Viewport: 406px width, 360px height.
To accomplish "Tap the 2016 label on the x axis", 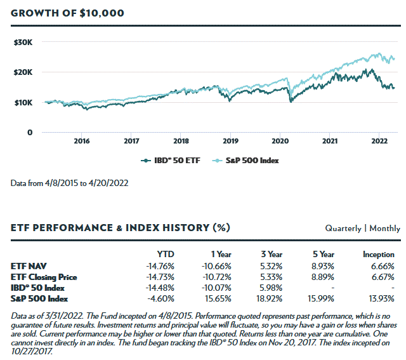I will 81,141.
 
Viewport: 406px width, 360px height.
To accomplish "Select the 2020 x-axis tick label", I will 280,141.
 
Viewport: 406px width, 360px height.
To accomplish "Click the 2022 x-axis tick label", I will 379,141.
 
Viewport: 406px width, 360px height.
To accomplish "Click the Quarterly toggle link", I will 343,228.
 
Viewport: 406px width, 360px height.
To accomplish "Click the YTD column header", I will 166,255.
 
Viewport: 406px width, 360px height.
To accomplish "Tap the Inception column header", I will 378,255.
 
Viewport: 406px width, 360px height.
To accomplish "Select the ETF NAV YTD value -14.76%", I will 160,265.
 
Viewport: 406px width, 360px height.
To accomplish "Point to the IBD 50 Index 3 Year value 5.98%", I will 271,288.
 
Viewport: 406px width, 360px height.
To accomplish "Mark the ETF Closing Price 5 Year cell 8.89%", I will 322,276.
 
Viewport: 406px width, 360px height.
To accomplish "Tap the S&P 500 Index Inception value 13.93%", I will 381,298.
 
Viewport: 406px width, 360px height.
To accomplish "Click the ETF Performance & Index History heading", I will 121,227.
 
